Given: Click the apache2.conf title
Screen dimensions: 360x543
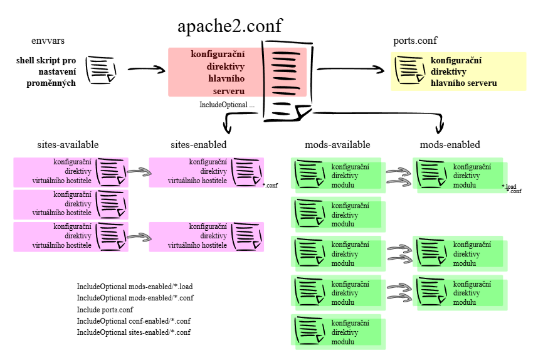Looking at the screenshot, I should click(x=229, y=26).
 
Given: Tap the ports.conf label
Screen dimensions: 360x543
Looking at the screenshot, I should click(x=414, y=41).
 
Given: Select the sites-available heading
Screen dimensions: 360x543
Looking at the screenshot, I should click(x=68, y=145).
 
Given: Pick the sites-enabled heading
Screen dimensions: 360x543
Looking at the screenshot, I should click(x=199, y=145).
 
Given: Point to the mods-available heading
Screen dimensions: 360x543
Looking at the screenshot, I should click(x=337, y=145).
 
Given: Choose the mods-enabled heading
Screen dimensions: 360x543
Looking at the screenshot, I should click(x=450, y=145).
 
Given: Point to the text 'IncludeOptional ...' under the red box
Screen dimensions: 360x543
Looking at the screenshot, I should click(x=227, y=105).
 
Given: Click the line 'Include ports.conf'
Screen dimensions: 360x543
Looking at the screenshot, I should click(x=105, y=309).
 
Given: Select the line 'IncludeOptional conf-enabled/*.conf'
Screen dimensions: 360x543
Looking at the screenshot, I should click(x=134, y=320).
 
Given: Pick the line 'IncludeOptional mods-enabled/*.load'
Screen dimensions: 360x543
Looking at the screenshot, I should click(x=135, y=287).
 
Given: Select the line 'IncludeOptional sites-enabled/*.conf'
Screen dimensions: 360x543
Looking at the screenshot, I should click(x=134, y=332).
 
